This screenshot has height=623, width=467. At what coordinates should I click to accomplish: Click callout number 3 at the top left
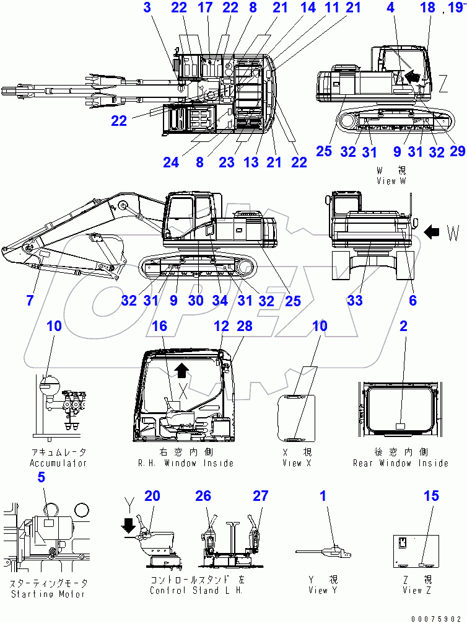click(x=147, y=8)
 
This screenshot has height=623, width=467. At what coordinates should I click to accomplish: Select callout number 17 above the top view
click(x=204, y=8)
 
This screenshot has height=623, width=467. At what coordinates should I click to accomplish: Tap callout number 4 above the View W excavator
click(x=390, y=8)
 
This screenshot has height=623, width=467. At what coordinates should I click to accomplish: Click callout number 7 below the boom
click(x=29, y=301)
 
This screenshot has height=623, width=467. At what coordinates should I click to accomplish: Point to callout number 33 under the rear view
click(x=355, y=301)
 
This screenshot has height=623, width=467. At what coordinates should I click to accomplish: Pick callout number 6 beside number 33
click(x=412, y=301)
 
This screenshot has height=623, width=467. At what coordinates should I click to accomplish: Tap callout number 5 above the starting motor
click(x=41, y=477)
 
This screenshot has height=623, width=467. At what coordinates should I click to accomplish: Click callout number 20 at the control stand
click(x=152, y=496)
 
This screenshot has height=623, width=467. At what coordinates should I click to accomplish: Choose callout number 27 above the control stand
click(x=260, y=496)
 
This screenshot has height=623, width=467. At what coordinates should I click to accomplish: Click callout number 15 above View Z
click(x=432, y=496)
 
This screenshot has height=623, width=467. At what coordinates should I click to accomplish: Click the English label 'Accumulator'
click(x=58, y=463)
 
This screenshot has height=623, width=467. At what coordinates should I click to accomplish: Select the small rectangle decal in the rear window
click(x=400, y=426)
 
